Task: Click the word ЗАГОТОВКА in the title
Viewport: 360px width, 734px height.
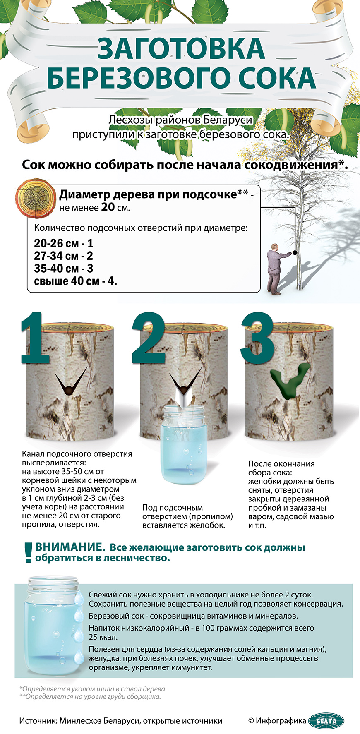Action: (181, 48)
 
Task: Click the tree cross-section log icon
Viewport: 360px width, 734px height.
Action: (35, 198)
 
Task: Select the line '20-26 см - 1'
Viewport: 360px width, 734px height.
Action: (64, 243)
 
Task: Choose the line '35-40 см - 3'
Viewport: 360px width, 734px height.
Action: (64, 269)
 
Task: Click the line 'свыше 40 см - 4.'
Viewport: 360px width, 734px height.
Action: (76, 281)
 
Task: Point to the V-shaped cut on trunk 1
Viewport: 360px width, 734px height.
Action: (71, 382)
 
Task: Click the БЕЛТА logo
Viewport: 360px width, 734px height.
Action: (326, 721)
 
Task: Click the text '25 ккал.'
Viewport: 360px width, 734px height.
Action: (103, 637)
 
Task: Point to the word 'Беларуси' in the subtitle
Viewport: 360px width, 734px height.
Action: (228, 120)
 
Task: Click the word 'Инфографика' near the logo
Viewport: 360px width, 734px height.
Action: (281, 721)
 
